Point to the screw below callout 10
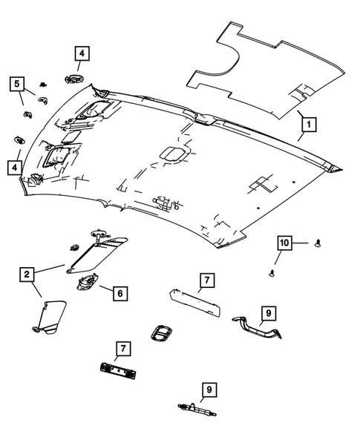(x=272, y=274)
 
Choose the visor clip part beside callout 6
(x=86, y=281)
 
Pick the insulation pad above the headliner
(x=267, y=70)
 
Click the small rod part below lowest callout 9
(x=194, y=407)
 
